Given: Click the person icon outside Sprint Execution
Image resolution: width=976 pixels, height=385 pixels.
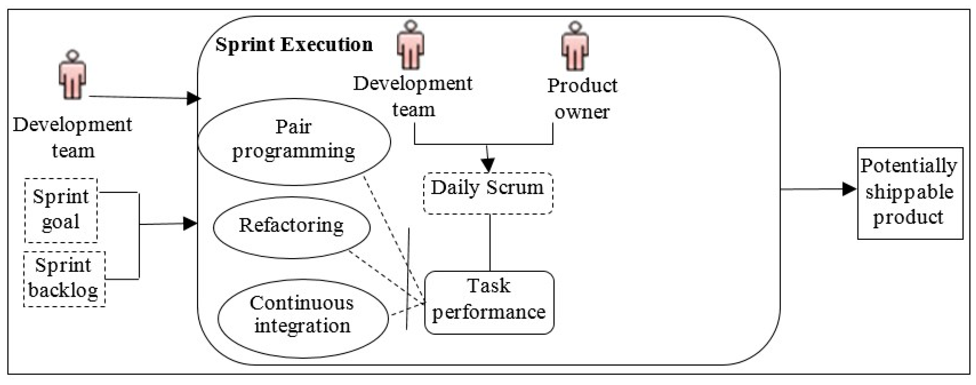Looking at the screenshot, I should [72, 75].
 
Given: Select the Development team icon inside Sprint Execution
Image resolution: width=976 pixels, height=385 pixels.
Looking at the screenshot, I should [410, 45].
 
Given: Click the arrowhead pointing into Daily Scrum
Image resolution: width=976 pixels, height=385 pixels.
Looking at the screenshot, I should [488, 165].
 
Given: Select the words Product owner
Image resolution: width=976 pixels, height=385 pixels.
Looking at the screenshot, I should [582, 99].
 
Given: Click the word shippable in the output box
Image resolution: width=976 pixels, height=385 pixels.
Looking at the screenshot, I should [909, 192].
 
